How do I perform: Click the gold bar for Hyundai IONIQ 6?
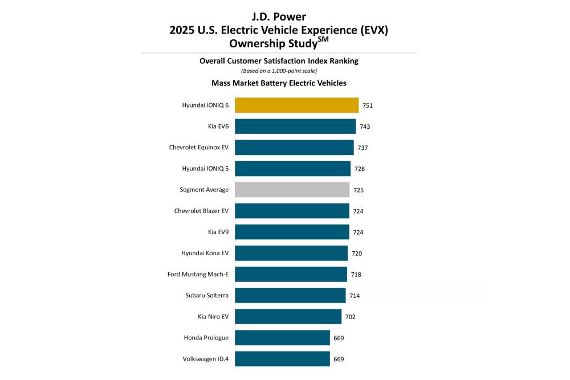[296, 105]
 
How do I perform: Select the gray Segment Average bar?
[292, 190]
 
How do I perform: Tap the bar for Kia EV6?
[295, 126]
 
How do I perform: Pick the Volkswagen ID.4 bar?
[282, 359]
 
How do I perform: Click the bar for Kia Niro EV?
[288, 317]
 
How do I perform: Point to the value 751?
[368, 105]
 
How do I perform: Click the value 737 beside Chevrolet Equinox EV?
[363, 148]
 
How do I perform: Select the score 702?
[351, 317]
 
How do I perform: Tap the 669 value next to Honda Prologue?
[339, 338]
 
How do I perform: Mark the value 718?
[356, 275]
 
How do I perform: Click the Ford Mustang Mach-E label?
[198, 275]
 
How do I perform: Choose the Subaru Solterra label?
[207, 296]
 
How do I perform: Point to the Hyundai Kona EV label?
[205, 254]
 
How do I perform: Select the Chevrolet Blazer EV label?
[201, 211]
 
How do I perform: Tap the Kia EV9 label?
[218, 232]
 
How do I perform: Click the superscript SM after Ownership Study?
[323, 39]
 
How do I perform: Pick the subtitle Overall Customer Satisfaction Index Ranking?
[279, 61]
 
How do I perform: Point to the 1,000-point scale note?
[279, 71]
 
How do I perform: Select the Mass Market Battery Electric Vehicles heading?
[279, 83]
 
